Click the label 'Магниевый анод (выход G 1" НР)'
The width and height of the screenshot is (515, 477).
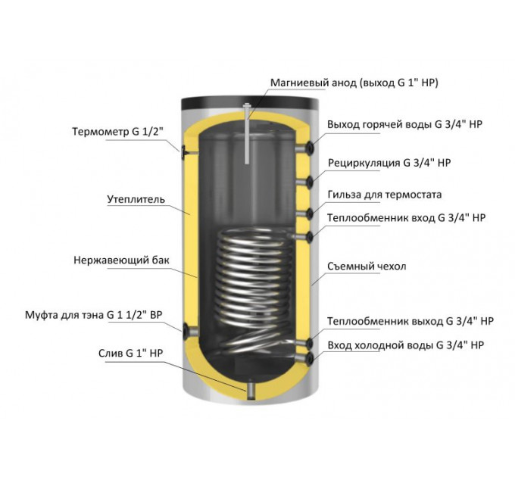tap(354, 83)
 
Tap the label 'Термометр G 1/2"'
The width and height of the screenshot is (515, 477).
tap(117, 132)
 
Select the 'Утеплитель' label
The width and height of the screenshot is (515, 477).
tap(136, 200)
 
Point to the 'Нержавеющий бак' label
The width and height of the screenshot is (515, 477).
tap(121, 260)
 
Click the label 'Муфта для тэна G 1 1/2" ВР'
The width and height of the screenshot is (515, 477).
tap(94, 315)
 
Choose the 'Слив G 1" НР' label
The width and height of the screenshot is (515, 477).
tap(131, 354)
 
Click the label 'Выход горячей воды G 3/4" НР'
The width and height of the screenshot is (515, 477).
tap(404, 125)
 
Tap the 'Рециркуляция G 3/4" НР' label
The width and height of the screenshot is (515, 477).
tap(389, 163)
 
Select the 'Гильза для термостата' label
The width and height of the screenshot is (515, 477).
tap(385, 195)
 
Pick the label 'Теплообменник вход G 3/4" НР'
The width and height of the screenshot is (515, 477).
tap(406, 218)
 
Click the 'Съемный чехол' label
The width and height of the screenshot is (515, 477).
tap(367, 267)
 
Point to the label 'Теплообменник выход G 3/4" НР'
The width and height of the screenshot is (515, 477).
tap(410, 321)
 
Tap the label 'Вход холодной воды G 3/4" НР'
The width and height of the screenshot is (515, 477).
tap(406, 345)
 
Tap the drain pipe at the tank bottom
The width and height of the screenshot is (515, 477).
tap(251, 389)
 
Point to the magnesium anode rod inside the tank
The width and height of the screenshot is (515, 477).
tap(247, 134)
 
